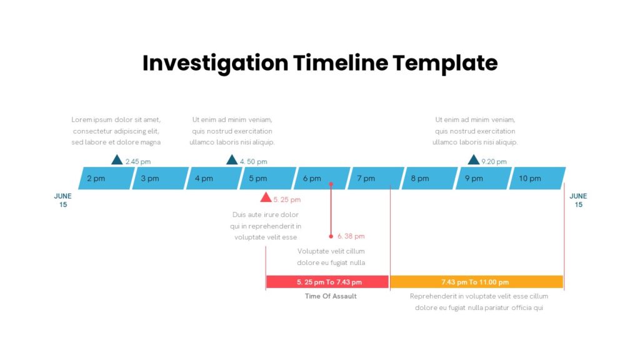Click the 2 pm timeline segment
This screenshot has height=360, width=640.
tap(106, 178)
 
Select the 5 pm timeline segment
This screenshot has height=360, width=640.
tap(267, 178)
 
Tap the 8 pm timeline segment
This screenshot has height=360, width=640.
tap(430, 178)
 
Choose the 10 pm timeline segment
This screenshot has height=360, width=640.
tap(537, 178)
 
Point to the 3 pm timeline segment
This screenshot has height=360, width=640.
tap(161, 178)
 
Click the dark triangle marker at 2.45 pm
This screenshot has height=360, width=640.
tap(117, 159)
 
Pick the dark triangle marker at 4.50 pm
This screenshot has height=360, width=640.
tap(232, 159)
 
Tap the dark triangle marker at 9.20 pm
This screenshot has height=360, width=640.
tap(474, 159)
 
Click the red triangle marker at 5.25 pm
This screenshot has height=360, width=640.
tap(266, 197)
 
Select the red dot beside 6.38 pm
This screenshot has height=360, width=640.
tap(331, 236)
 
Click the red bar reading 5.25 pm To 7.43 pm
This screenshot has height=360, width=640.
tap(327, 282)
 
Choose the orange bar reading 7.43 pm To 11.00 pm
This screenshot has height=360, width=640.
tap(477, 282)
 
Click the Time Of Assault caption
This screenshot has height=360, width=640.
tap(331, 296)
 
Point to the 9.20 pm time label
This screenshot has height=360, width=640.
tap(494, 162)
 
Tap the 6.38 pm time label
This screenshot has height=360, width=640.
tap(351, 236)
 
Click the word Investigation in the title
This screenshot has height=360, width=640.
tap(216, 64)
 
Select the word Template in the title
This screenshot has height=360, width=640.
tap(445, 64)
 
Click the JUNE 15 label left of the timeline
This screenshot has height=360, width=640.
tap(63, 201)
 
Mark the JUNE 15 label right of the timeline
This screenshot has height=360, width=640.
tap(578, 201)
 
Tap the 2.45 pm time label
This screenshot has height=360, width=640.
tap(138, 162)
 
